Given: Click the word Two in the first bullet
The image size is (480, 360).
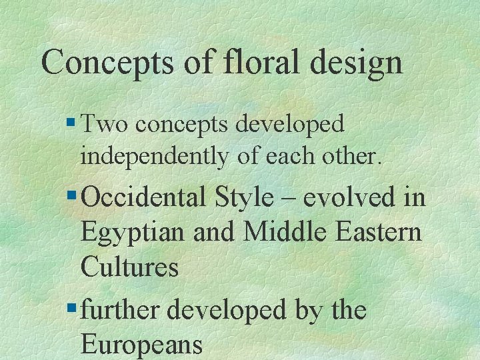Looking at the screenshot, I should pos(103,123).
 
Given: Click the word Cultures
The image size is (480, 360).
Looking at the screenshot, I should pos(129,267).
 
